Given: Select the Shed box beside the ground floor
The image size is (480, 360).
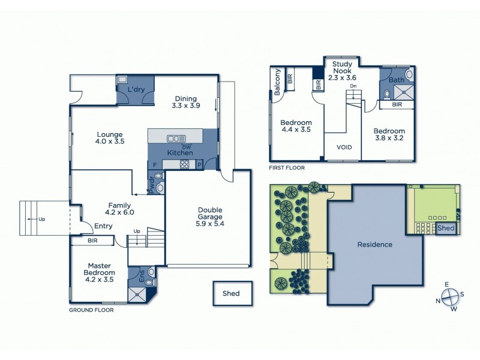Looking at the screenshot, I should coord(231,293).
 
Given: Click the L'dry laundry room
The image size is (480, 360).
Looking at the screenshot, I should coord(136,90).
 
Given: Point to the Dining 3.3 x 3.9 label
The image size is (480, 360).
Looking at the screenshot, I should coord(187,102).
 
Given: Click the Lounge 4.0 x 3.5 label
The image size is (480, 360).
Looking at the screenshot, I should coord(109,138).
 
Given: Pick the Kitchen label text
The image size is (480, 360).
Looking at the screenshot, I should coord(179,152).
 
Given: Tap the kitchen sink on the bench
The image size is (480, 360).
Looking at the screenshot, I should coord(176,138).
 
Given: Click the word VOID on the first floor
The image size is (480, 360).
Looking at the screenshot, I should coord(344,147).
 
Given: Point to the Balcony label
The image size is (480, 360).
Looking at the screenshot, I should coord(277,82).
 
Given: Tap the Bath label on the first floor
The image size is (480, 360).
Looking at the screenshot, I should coord(396,79).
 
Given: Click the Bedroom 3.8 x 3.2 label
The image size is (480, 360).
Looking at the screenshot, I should coord(389,135).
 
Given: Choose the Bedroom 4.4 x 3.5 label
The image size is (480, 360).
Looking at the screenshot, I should coord(296,128).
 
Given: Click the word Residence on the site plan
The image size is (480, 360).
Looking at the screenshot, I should coord(374,244).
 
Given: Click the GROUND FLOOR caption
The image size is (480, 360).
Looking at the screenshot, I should coord(91,310).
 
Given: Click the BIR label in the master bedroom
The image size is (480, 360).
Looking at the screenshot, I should coord(93,241).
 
